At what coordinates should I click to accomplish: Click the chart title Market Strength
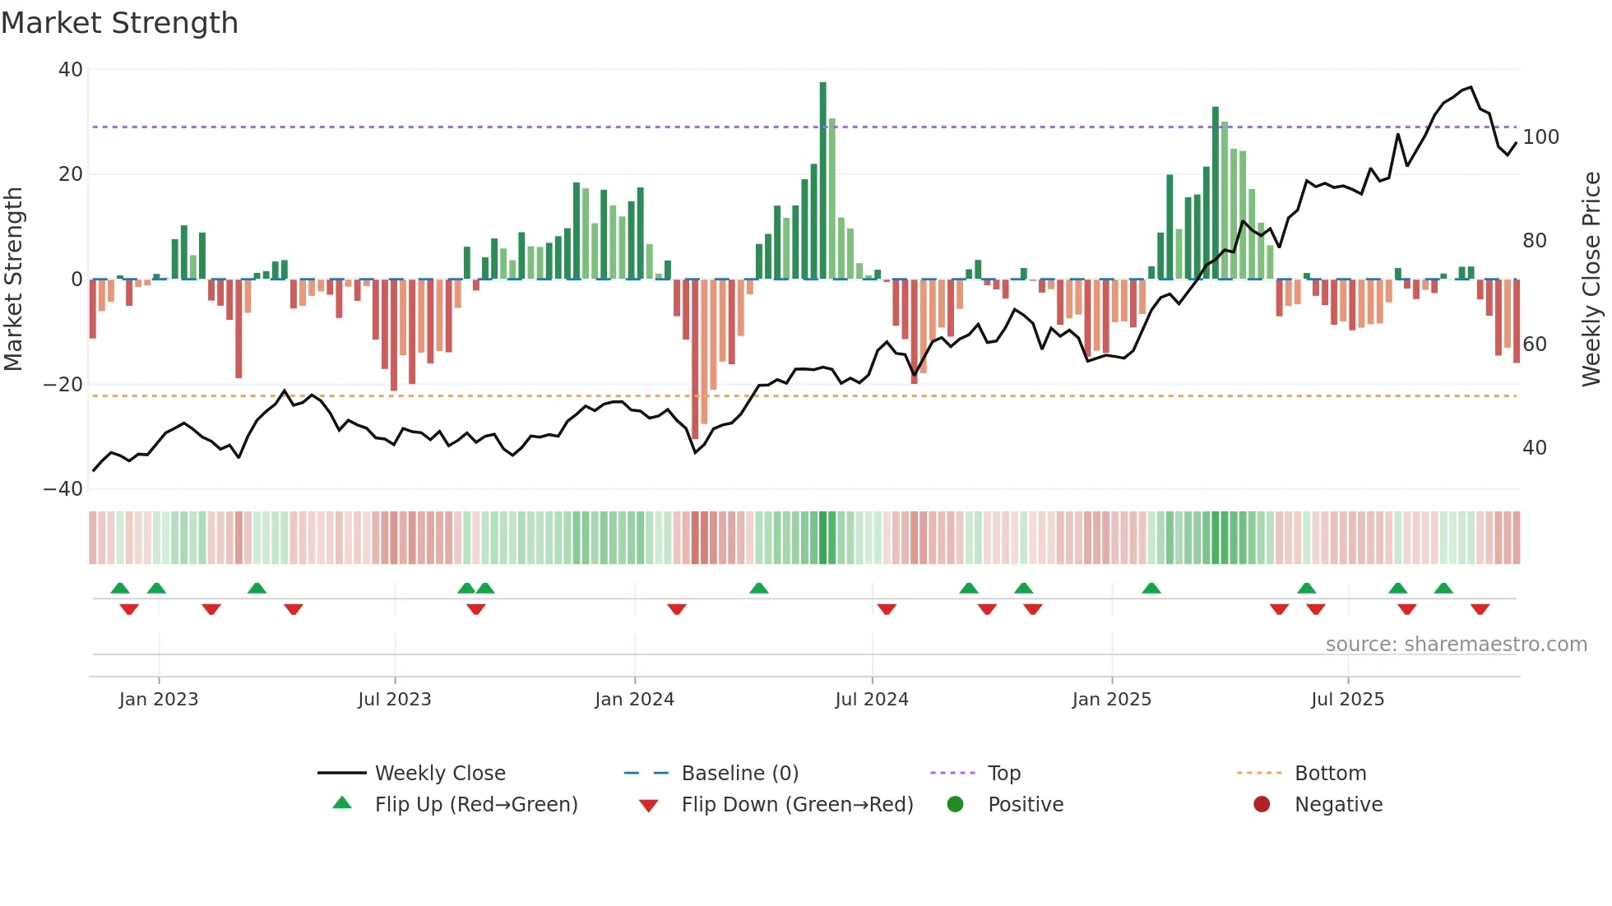[119, 23]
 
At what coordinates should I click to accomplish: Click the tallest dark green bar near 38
[822, 181]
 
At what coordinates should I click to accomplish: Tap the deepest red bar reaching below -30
[695, 358]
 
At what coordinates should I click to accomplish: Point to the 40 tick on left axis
[71, 70]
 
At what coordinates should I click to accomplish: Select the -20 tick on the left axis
[63, 385]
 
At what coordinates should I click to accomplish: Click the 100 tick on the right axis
[1540, 137]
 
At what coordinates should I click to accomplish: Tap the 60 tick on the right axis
[1534, 344]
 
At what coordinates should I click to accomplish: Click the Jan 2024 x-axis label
[634, 700]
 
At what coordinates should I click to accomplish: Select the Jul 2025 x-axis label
[1347, 700]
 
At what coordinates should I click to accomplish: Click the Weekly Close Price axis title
[1591, 280]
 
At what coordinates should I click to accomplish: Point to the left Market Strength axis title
[13, 280]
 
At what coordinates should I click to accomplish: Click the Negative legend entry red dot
[1262, 805]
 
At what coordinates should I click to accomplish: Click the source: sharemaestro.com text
[1456, 645]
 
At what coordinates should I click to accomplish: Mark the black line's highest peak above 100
[1471, 87]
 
